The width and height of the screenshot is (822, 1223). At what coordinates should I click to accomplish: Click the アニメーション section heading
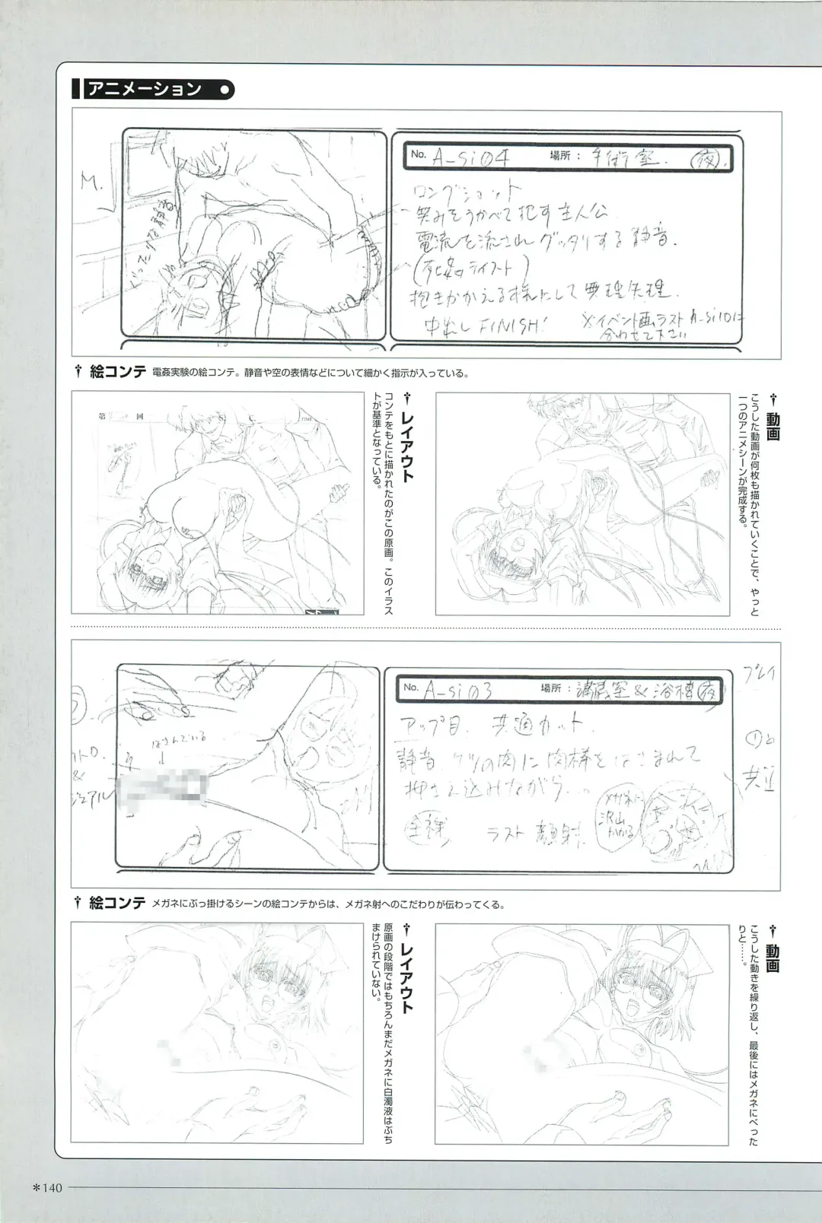(145, 89)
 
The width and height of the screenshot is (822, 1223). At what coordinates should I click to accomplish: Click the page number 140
(51, 1188)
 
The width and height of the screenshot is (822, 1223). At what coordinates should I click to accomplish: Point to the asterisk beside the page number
(34, 1188)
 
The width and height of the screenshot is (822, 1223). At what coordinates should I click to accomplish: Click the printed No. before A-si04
(418, 154)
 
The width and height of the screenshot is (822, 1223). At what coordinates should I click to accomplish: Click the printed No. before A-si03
(411, 687)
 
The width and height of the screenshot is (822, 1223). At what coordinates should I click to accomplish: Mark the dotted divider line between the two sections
(426, 629)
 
